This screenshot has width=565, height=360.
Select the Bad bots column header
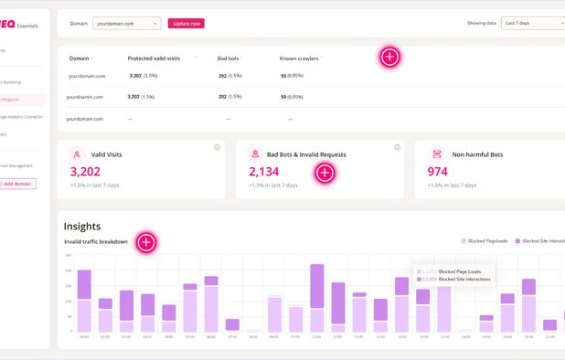pos(228,58)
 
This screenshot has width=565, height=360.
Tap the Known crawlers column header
pos(299,58)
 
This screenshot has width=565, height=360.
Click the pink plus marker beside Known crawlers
pos(389,58)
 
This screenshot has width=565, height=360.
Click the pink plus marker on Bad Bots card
pos(325,173)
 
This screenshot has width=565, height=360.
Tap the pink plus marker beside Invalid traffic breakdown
pos(146,242)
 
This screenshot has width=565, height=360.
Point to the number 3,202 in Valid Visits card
pos(85,171)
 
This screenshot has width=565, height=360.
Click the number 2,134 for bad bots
pos(264,171)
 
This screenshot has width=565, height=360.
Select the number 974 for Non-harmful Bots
pos(438,171)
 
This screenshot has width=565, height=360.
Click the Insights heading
pos(82,226)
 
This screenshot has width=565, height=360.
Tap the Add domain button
pos(17,184)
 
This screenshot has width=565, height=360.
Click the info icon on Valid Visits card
pos(217,147)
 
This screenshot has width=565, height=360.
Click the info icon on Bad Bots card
pos(397,147)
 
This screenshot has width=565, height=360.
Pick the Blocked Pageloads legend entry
pos(485,240)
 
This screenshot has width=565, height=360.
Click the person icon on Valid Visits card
pos(78,154)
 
